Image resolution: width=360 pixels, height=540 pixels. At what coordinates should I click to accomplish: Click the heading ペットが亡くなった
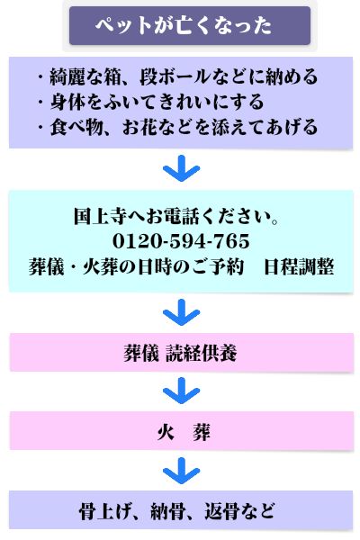(184, 25)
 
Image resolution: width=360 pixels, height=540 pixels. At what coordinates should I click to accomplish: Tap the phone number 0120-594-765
(181, 240)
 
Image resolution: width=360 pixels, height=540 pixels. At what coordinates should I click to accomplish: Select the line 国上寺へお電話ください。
(176, 216)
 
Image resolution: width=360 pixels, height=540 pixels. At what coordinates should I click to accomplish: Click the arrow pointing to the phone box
(181, 168)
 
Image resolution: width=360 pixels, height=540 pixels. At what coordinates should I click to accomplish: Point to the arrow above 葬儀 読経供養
(181, 312)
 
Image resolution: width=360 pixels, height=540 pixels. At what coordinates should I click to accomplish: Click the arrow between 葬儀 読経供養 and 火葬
(181, 391)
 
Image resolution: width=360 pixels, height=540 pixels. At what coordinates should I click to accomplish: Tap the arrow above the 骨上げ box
(181, 471)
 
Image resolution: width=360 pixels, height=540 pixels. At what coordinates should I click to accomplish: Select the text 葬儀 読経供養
(180, 353)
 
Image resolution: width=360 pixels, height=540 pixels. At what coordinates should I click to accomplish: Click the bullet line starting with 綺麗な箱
(178, 76)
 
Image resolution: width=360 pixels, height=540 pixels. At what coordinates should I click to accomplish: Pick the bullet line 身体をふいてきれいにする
(151, 102)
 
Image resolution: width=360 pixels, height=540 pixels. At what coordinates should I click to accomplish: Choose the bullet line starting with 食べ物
(178, 127)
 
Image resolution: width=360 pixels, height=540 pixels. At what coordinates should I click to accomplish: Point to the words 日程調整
(299, 267)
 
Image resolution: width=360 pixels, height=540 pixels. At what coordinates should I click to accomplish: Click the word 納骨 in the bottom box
(168, 511)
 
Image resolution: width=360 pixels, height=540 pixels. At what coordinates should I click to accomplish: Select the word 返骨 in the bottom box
(222, 511)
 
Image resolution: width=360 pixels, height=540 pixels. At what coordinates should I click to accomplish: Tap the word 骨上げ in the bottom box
(105, 511)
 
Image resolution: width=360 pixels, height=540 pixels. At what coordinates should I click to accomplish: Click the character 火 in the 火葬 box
(166, 432)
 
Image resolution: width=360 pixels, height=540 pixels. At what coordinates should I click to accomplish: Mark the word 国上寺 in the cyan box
(100, 216)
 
